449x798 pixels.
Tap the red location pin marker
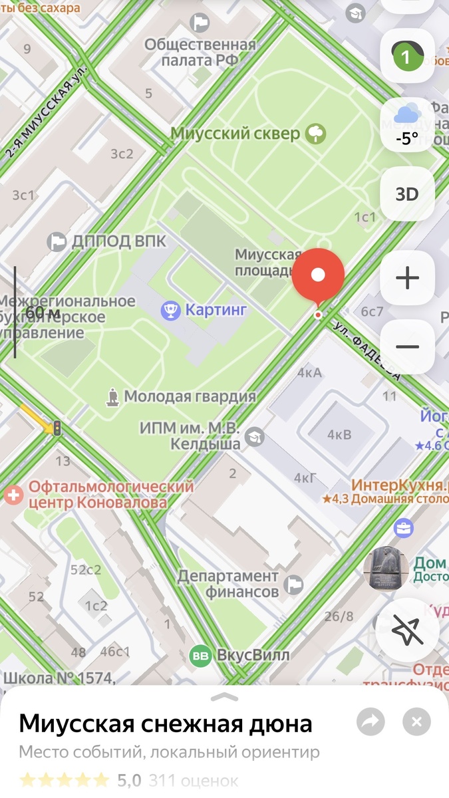[318, 275]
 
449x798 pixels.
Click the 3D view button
[407, 194]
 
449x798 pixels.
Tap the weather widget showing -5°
[407, 124]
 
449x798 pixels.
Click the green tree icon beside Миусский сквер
[316, 134]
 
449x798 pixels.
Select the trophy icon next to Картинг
[171, 309]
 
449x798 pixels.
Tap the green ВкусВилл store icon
[200, 656]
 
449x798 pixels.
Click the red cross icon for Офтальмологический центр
[13, 494]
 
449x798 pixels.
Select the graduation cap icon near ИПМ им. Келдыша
[254, 437]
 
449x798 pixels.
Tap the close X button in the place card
[416, 722]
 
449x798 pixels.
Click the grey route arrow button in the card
[371, 722]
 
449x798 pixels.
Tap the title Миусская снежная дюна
[166, 723]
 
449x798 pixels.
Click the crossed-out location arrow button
[407, 631]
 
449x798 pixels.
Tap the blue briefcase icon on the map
[402, 529]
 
